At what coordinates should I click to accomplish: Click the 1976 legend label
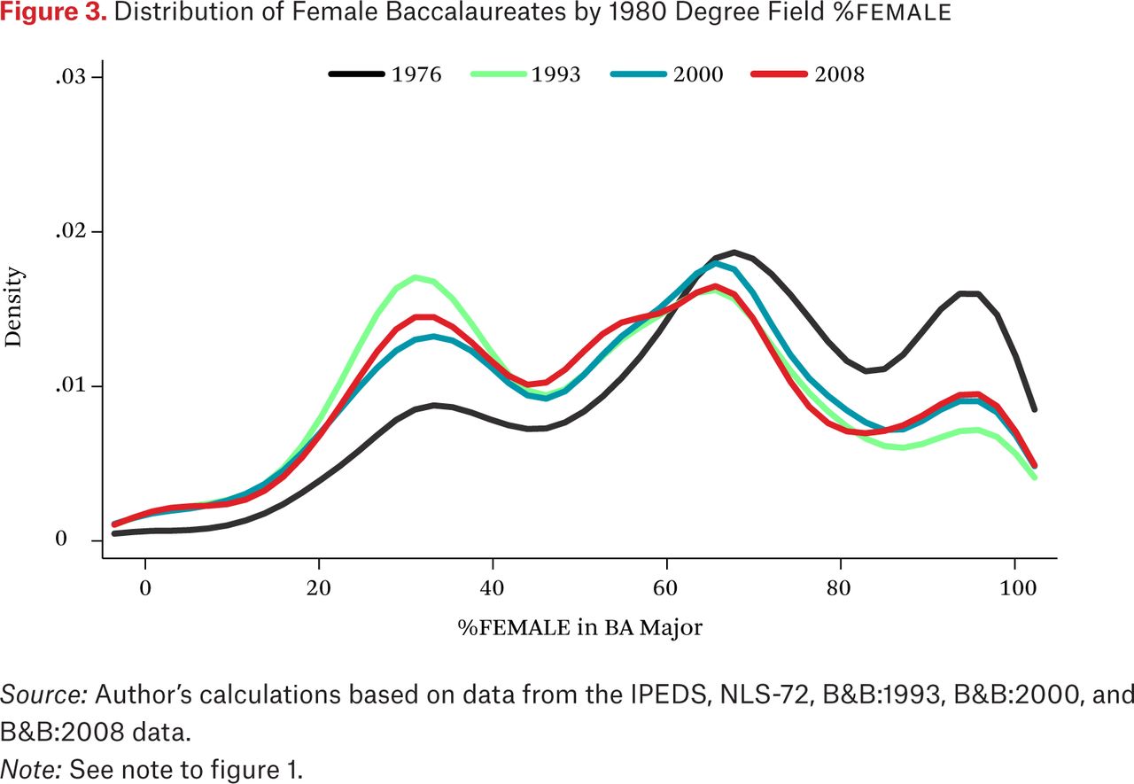coord(416,74)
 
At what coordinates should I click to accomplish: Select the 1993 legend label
coord(555,74)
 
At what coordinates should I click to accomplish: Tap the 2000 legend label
coord(698,74)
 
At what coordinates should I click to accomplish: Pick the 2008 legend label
coord(839,74)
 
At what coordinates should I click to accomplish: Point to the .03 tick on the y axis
coord(71,77)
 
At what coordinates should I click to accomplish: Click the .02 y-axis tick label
coord(71,231)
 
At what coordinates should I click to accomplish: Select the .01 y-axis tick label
coord(71,385)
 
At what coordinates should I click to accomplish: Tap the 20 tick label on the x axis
coord(318,588)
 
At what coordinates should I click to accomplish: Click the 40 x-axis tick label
coord(492,588)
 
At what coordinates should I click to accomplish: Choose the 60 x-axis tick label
coord(665,588)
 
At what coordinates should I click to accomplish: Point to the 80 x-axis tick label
coord(839,588)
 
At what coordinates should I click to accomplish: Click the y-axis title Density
coord(13,307)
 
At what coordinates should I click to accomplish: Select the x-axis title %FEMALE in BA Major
coord(580,627)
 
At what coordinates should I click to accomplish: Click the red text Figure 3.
coord(53,12)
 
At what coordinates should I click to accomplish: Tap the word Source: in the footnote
coord(44,695)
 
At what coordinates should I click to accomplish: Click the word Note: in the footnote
coord(31,770)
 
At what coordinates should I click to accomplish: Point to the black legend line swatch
coord(356,74)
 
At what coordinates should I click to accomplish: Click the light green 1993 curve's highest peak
coord(416,277)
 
